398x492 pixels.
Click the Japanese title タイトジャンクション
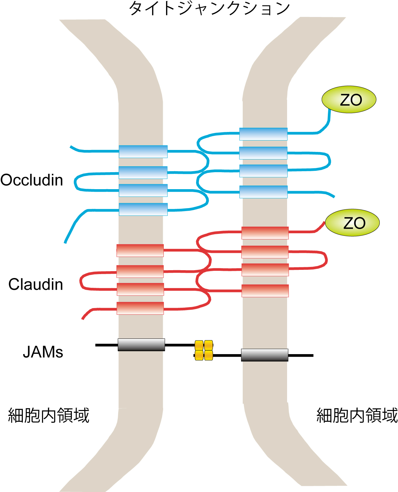click(209, 8)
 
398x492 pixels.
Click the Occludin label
click(32, 180)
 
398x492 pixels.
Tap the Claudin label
click(36, 285)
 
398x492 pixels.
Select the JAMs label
click(43, 352)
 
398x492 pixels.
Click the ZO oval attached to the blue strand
click(349, 100)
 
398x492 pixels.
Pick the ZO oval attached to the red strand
click(352, 223)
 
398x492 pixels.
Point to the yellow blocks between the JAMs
click(204, 350)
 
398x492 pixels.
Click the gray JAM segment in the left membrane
click(141, 345)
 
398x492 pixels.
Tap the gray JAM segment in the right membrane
click(265, 355)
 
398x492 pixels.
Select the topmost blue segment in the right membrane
click(263, 134)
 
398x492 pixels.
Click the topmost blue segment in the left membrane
click(143, 152)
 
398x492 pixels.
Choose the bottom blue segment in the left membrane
click(143, 209)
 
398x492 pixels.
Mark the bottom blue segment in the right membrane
click(263, 192)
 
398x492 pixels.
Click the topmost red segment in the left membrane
click(140, 251)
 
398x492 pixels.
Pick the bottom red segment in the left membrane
click(140, 308)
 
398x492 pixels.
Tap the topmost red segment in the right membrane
click(265, 233)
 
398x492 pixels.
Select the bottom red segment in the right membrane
click(265, 291)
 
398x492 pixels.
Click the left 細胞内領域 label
click(49, 416)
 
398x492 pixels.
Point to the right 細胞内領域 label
click(357, 416)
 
